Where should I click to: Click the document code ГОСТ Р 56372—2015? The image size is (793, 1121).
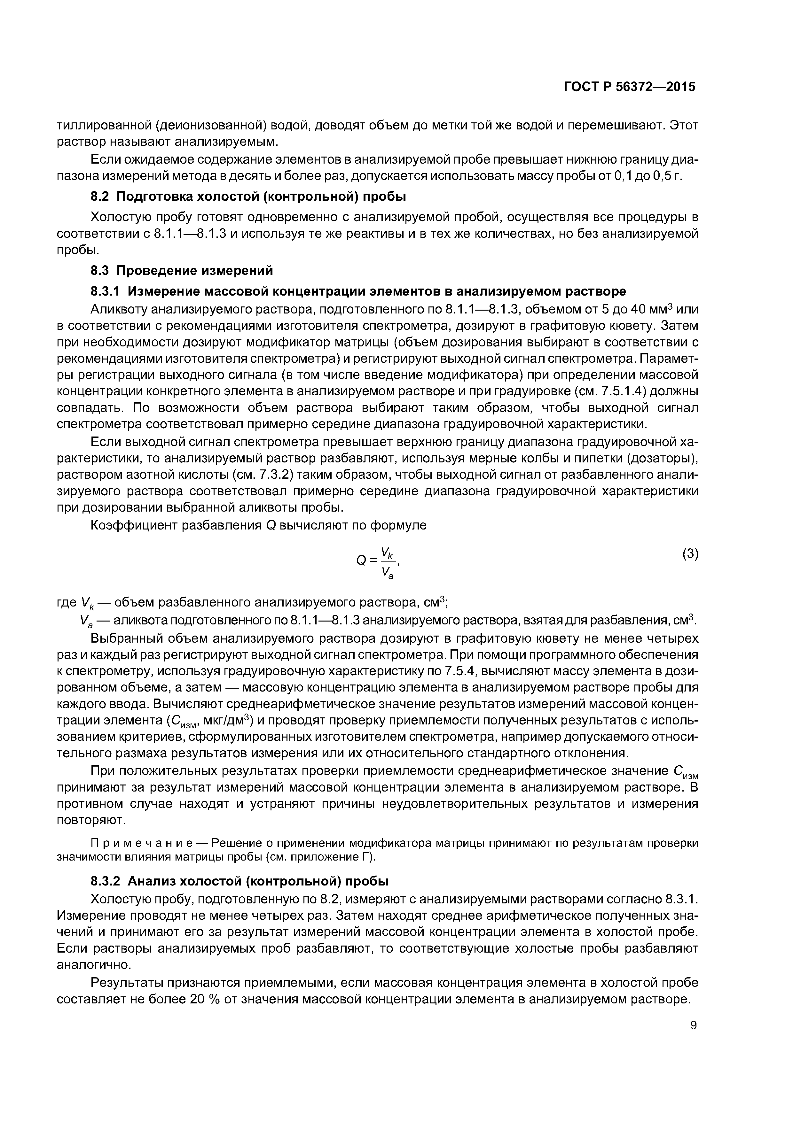(629, 87)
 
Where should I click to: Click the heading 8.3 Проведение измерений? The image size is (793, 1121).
(182, 270)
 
